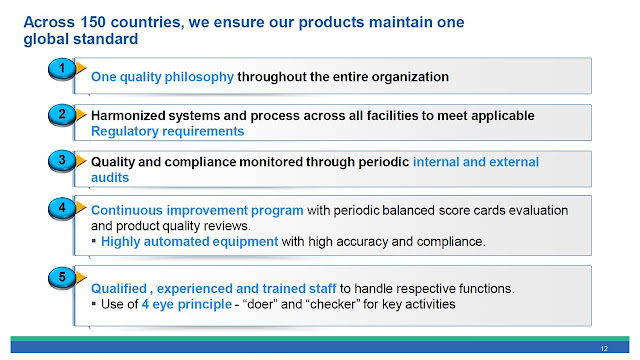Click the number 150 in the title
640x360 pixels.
tap(93, 22)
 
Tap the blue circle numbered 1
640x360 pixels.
tap(62, 68)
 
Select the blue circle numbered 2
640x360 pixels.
tap(62, 114)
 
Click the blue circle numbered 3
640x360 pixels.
tap(62, 160)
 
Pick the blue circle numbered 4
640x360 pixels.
tap(62, 208)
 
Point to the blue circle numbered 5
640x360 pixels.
tap(62, 277)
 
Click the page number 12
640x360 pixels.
tap(604, 349)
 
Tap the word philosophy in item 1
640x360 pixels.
tap(199, 77)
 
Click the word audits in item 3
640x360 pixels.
tap(110, 178)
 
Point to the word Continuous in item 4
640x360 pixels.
tap(127, 210)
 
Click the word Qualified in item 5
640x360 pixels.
tap(119, 289)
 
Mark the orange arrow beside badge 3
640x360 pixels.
tap(81, 160)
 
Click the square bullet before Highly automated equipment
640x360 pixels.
tap(94, 241)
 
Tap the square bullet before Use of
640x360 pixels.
tap(94, 304)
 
